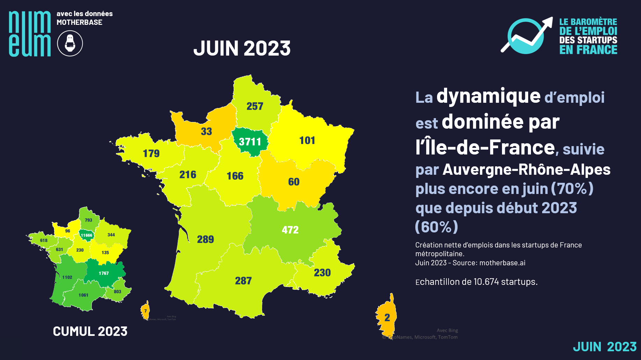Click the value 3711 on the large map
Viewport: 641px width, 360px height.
click(x=250, y=142)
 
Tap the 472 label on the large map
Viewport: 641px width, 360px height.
click(x=290, y=230)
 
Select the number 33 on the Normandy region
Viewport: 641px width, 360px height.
click(x=206, y=131)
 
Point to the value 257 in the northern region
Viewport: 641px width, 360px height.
click(x=255, y=106)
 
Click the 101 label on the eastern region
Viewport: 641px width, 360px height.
click(x=307, y=140)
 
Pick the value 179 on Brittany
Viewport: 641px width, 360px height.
click(x=151, y=153)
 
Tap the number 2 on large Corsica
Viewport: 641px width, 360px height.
click(x=387, y=317)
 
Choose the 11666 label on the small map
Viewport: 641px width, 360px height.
click(x=87, y=235)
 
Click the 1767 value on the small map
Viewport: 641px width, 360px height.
click(x=104, y=273)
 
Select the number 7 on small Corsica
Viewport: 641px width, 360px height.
click(x=145, y=311)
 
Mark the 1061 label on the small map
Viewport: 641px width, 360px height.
click(x=83, y=295)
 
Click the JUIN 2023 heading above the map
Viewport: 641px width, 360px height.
click(x=242, y=48)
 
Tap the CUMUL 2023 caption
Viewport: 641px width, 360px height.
click(x=90, y=331)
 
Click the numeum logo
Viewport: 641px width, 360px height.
click(x=30, y=34)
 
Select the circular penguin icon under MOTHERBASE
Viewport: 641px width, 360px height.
click(x=70, y=43)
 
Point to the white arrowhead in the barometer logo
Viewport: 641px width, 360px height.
click(x=547, y=22)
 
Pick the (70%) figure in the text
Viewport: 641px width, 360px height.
click(x=572, y=189)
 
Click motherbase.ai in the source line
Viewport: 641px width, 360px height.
click(x=502, y=263)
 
